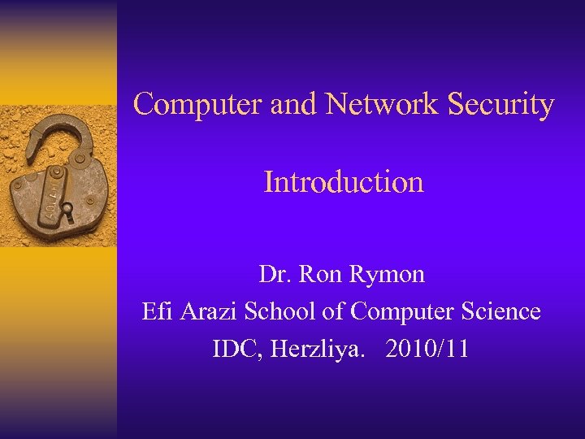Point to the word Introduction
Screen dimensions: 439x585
point(344,181)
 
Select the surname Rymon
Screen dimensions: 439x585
point(387,276)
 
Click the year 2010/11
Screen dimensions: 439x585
point(427,350)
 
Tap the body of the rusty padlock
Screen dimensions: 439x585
point(61,195)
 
